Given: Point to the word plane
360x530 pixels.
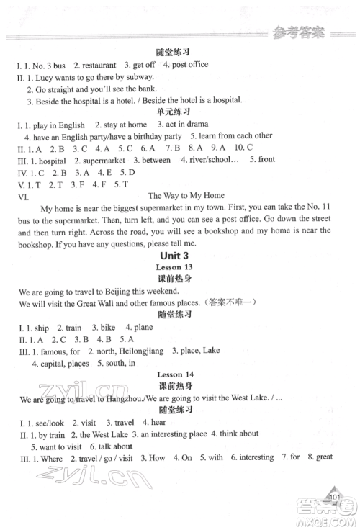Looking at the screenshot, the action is (x=143, y=328).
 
